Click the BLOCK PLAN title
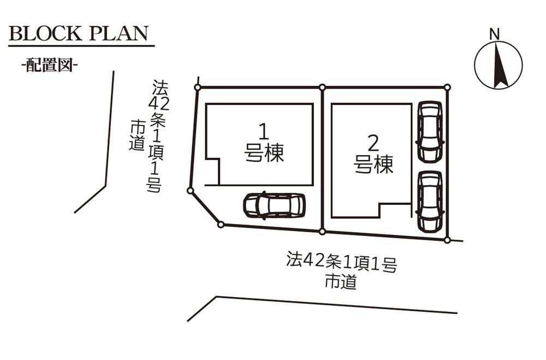79,33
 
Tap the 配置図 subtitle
49,66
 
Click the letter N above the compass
495,34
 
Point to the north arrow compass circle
498,65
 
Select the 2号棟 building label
374,155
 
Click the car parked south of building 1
274,205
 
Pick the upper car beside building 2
430,131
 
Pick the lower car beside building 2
430,202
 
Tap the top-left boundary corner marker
198,87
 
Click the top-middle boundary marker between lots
323,87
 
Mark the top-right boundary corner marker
447,87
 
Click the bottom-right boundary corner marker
447,240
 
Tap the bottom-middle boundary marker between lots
323,232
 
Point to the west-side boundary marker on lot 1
190,190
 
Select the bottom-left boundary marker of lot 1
221,224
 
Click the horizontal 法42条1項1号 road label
341,263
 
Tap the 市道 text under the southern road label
341,282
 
